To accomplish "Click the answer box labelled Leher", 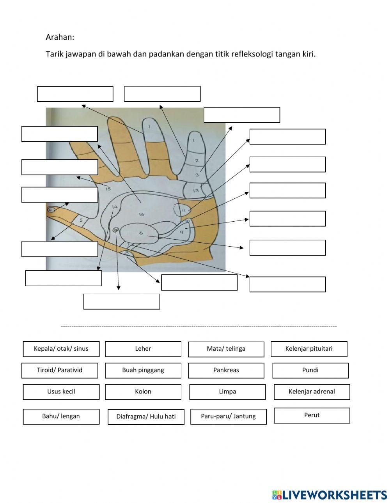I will [x=143, y=349].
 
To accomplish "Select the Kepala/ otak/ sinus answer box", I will [x=61, y=349].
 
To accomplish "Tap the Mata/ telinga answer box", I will [x=226, y=349].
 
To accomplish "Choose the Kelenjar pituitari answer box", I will [x=309, y=349].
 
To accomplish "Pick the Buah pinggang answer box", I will [x=143, y=370].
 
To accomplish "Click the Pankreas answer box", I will [x=226, y=370].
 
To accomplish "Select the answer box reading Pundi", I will [x=310, y=370].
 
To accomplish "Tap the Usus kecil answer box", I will [x=61, y=392].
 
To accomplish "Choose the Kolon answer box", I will [x=143, y=392].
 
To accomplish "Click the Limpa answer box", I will [x=227, y=392].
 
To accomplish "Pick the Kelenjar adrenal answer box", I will [x=312, y=392].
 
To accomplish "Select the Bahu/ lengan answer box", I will [x=61, y=416].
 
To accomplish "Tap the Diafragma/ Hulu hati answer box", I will [x=146, y=417].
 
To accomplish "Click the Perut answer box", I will [x=312, y=415].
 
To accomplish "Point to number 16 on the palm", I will [x=141, y=214].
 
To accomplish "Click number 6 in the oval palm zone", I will [x=141, y=233].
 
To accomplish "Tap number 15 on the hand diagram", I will [x=108, y=189].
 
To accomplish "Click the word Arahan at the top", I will [x=60, y=37].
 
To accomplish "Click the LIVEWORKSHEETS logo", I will [x=330, y=495].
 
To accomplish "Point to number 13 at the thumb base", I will [x=196, y=191].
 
